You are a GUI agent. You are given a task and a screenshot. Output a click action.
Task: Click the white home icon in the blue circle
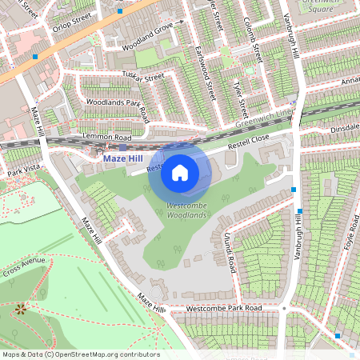click(180, 172)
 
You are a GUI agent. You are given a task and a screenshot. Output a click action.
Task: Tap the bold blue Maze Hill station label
click(125, 159)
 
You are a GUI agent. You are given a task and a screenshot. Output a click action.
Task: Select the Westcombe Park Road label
click(223, 308)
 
